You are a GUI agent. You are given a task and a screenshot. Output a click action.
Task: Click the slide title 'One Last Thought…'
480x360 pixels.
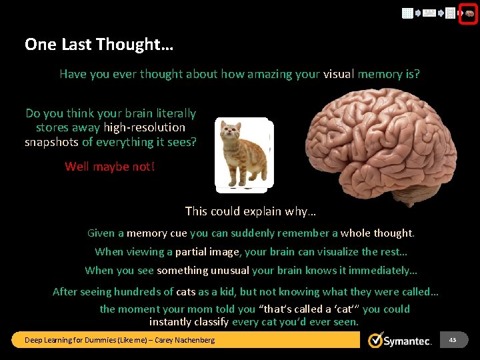point(99,45)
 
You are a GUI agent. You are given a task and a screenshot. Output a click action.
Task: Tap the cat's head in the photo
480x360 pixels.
point(231,130)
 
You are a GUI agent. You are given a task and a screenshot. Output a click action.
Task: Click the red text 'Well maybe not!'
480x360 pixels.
point(109,166)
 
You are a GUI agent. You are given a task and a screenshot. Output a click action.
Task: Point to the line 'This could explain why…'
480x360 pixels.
point(250,211)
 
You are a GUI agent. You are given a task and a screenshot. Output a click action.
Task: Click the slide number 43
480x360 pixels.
point(453,340)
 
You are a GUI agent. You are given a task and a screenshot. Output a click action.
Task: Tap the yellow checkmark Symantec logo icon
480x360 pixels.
point(376,340)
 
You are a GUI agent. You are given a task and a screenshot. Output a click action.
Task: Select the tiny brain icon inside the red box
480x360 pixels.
point(469,13)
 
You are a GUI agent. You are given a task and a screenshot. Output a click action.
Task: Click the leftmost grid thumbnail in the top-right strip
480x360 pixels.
point(407,13)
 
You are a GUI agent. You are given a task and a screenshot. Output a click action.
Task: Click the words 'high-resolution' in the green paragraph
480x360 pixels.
point(144,127)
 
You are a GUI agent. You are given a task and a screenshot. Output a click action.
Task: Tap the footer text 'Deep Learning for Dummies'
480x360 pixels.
point(73,341)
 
